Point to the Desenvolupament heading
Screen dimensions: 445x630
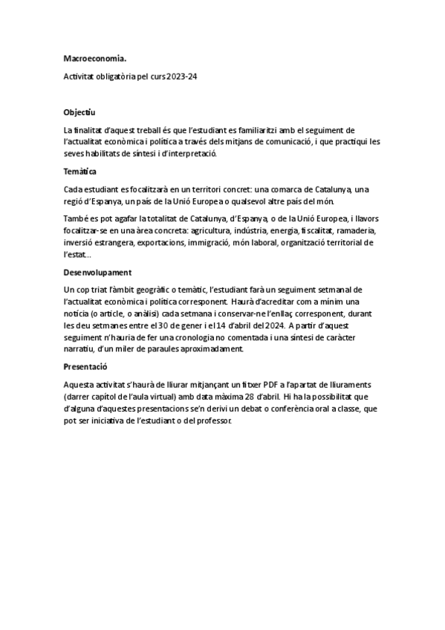(98, 273)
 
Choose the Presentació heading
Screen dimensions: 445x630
(85, 367)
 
